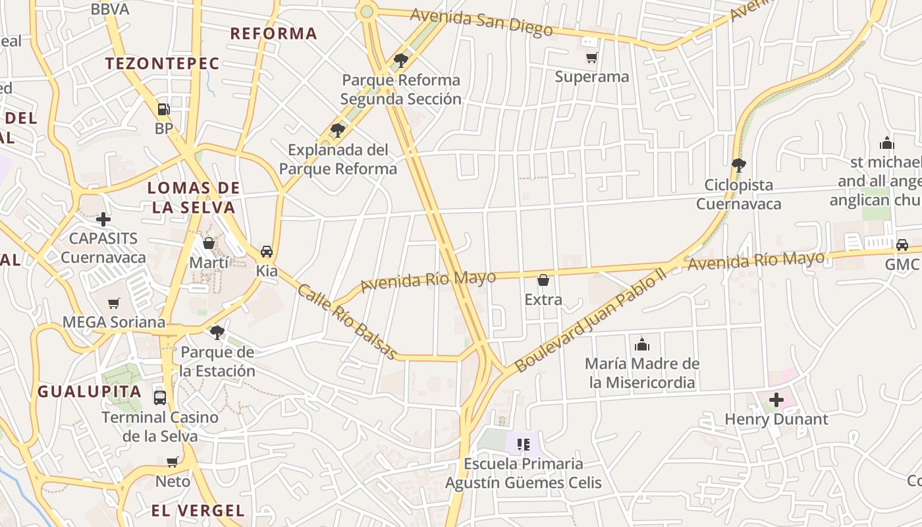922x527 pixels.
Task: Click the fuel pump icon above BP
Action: pyautogui.click(x=163, y=109)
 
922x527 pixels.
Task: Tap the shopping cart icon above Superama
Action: pyautogui.click(x=591, y=57)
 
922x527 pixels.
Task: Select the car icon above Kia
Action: pyautogui.click(x=267, y=251)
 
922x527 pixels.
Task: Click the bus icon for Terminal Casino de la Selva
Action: pyautogui.click(x=160, y=397)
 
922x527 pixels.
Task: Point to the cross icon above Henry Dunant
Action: pyautogui.click(x=776, y=399)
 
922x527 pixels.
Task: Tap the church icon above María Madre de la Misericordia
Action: pyautogui.click(x=642, y=344)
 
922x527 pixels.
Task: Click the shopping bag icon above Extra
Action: pyautogui.click(x=543, y=280)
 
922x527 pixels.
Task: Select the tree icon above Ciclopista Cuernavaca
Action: pyautogui.click(x=738, y=165)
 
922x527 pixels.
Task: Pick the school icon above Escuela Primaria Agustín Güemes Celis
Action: pyautogui.click(x=524, y=444)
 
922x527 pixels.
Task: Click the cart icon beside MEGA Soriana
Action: pyautogui.click(x=114, y=303)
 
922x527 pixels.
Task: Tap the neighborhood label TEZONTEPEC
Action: pyautogui.click(x=162, y=64)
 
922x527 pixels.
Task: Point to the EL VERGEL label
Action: pyautogui.click(x=198, y=511)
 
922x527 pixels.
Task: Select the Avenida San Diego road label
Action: pyautogui.click(x=481, y=22)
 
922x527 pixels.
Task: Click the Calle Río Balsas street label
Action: pyautogui.click(x=347, y=322)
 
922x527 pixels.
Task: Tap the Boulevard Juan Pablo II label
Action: pyautogui.click(x=590, y=319)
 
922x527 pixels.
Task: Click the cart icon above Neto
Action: pyautogui.click(x=173, y=462)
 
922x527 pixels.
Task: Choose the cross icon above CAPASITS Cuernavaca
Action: pyautogui.click(x=103, y=219)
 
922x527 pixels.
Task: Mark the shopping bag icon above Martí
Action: pyautogui.click(x=209, y=243)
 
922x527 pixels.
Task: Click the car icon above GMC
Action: pyautogui.click(x=902, y=245)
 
